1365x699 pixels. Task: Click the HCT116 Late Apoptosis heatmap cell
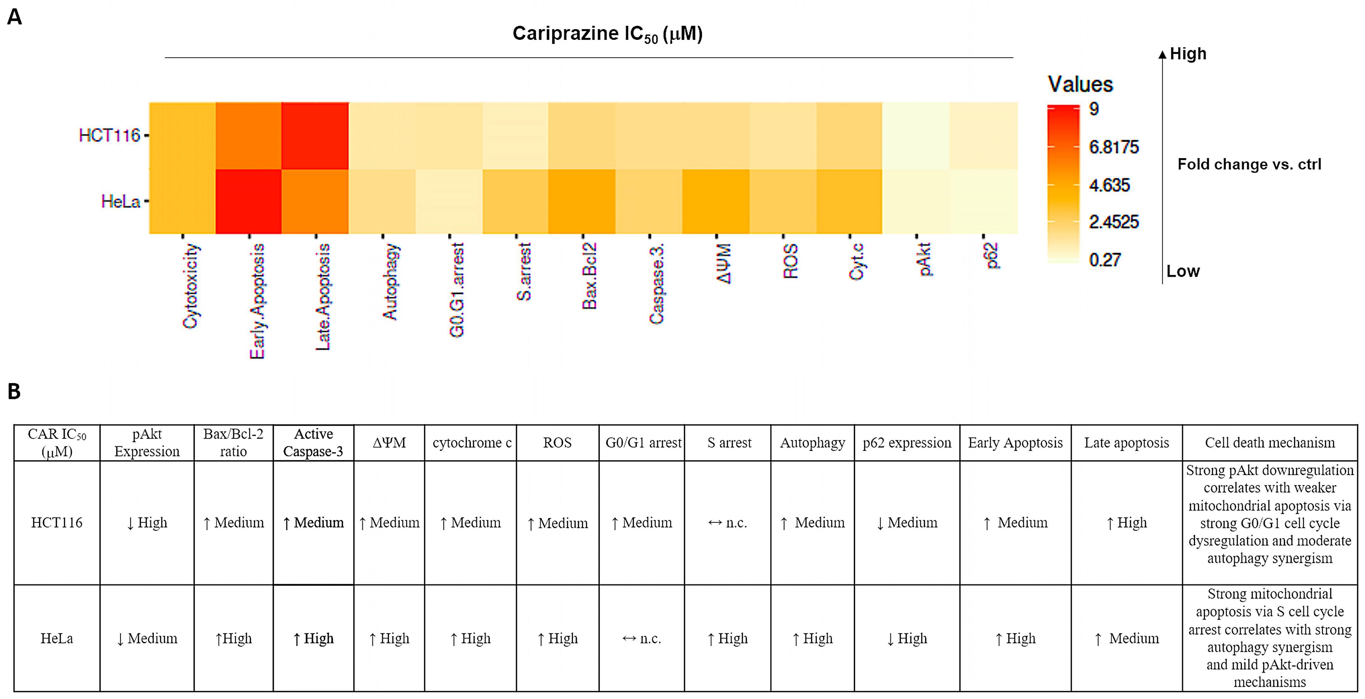pos(315,136)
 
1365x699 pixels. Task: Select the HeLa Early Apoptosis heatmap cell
pos(248,201)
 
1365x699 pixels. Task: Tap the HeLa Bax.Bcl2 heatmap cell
pos(582,201)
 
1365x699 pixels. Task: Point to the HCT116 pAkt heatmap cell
pos(915,136)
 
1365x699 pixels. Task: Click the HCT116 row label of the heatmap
pos(109,136)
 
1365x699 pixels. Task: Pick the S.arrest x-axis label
pos(523,271)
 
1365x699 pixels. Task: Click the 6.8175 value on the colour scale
pos(1113,147)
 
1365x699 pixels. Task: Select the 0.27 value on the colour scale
pos(1105,260)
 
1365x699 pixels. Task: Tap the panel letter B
pos(14,391)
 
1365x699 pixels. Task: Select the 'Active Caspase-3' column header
pos(313,442)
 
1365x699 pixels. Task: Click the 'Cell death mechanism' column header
pos(1270,442)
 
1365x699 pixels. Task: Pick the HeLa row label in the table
pos(57,638)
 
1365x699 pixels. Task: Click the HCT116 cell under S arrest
pos(728,523)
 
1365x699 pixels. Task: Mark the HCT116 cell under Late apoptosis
pos(1127,523)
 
